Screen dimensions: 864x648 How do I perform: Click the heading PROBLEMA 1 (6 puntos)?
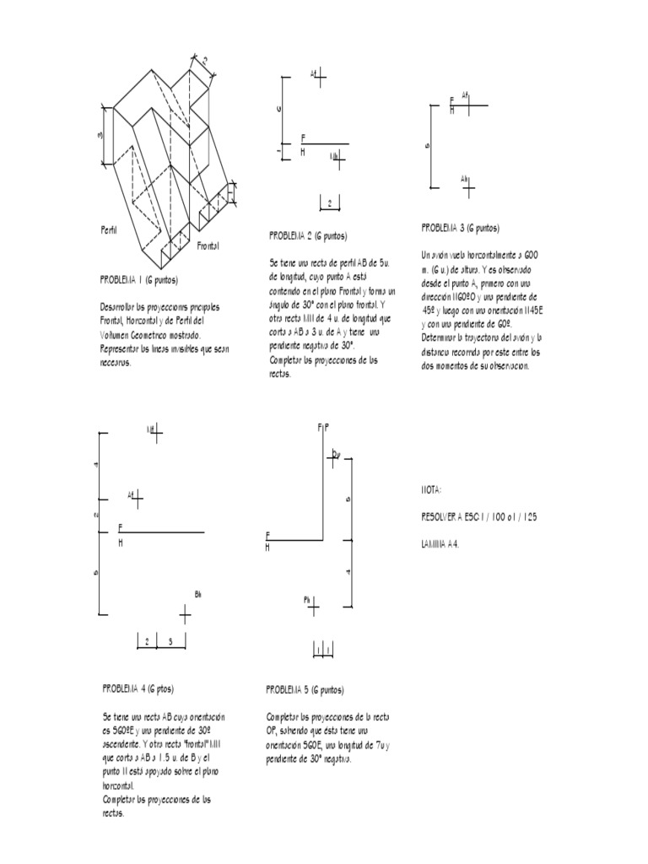139,279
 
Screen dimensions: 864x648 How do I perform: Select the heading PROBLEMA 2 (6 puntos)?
308,236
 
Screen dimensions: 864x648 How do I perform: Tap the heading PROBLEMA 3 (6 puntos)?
460,228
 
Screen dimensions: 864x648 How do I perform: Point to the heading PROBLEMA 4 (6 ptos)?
138,688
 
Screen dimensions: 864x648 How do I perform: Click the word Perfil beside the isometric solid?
109,229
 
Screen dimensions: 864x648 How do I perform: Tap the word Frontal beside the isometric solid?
208,246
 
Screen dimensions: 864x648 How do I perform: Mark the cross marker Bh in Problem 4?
186,614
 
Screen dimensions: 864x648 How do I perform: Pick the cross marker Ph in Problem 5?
313,606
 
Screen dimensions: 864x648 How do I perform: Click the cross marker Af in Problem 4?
138,499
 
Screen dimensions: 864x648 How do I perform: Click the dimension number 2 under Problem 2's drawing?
329,202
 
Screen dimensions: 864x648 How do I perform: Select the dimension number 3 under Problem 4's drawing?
170,642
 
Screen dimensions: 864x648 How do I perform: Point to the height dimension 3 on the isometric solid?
100,135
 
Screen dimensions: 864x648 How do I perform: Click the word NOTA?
431,489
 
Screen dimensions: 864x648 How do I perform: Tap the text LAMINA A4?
441,544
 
